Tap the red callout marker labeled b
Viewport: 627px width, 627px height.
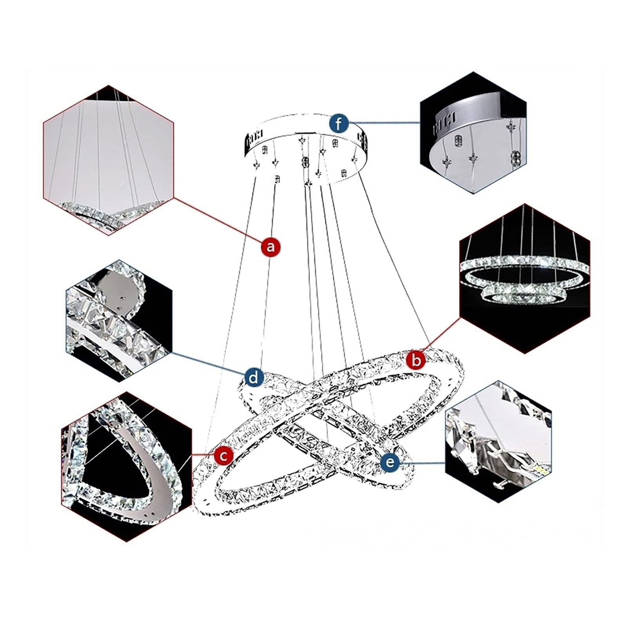click(x=415, y=359)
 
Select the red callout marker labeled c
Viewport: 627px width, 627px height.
click(x=223, y=455)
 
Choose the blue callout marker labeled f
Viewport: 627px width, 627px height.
click(x=339, y=124)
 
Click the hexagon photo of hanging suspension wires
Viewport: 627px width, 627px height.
click(x=108, y=160)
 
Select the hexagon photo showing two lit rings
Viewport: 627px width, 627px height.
click(x=525, y=278)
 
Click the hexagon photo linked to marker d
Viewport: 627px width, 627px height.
click(x=120, y=321)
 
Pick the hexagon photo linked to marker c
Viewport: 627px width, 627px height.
click(x=127, y=466)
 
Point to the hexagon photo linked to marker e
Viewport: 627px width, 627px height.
click(x=498, y=441)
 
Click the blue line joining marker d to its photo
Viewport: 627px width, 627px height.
click(x=208, y=362)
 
